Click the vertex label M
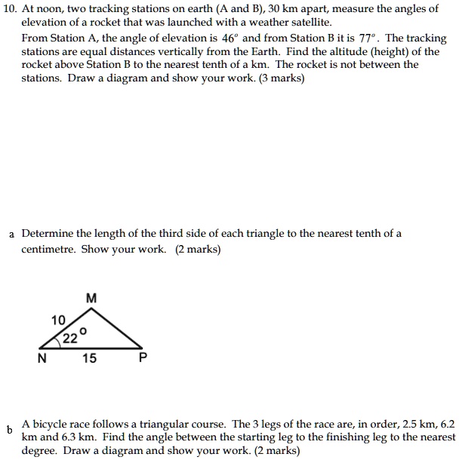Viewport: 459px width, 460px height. (x=91, y=298)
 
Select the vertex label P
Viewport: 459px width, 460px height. (x=141, y=359)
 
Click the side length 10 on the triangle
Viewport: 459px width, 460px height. (x=58, y=320)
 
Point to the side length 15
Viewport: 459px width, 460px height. (x=89, y=359)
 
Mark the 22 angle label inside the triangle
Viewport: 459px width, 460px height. (x=70, y=339)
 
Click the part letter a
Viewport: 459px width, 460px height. (x=11, y=234)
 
